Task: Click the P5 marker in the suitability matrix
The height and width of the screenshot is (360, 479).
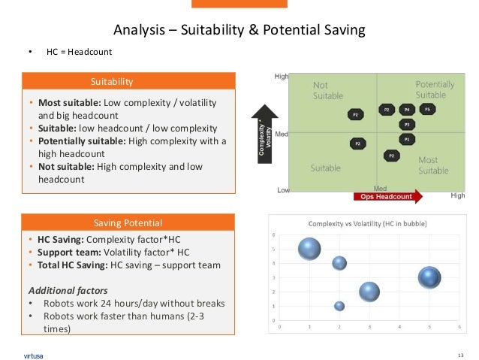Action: [427, 110]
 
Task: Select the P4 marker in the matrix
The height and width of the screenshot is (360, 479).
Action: [407, 110]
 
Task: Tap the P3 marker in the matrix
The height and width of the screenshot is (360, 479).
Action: [407, 124]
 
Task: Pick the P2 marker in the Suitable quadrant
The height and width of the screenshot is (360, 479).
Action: [357, 143]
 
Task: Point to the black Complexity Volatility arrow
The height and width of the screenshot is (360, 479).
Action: [264, 135]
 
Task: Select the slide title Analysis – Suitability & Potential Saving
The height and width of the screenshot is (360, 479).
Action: [239, 30]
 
